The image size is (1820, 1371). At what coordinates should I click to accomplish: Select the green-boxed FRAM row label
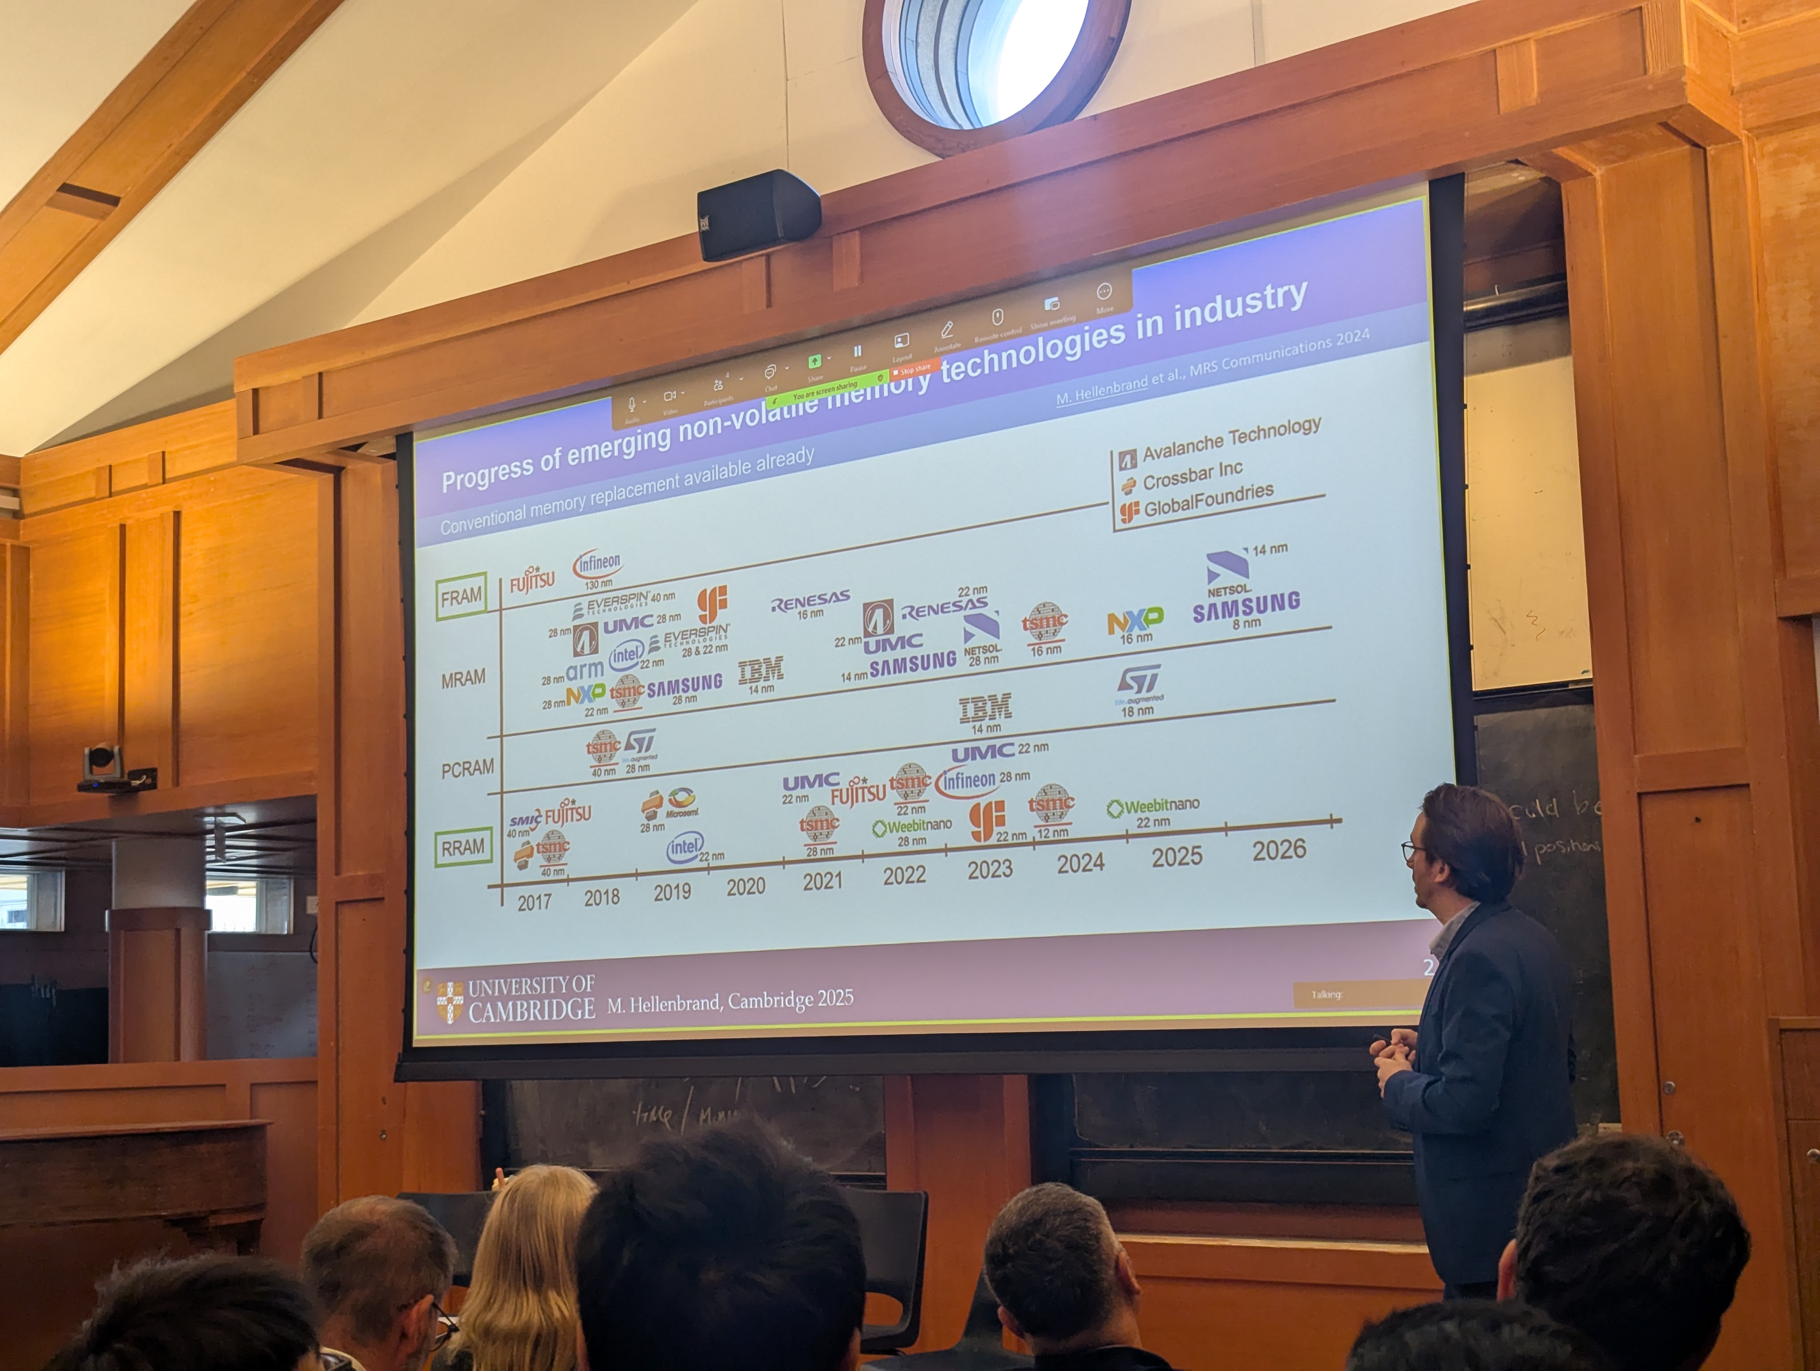point(461,596)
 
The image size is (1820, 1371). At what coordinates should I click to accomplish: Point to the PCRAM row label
point(467,768)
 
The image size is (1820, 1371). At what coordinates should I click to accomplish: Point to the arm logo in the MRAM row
point(584,671)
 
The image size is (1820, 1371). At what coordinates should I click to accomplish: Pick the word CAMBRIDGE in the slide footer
point(532,1009)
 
